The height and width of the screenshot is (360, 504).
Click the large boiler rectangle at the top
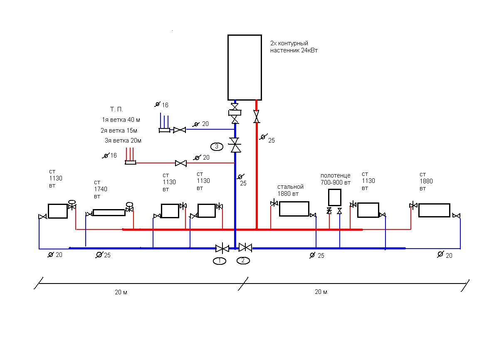(244, 67)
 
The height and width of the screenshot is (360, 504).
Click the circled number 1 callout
(220, 261)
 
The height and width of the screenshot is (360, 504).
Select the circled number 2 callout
(243, 261)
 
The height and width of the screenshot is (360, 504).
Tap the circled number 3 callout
(217, 146)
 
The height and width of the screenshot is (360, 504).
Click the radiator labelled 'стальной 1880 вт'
(294, 209)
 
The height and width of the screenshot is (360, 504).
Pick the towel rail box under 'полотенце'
(335, 197)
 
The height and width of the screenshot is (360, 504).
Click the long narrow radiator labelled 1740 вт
(109, 212)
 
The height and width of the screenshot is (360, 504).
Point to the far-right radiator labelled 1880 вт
(434, 210)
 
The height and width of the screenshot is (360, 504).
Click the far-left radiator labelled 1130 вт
(57, 211)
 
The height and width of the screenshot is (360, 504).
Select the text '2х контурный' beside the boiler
(289, 43)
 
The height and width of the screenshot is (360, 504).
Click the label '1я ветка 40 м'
(121, 120)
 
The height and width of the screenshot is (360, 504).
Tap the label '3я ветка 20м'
(123, 141)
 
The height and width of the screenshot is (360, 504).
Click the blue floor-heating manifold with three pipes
(164, 130)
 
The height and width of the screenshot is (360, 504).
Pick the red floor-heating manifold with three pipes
(131, 162)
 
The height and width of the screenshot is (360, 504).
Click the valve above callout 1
(222, 249)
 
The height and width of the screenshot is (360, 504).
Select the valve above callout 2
(246, 248)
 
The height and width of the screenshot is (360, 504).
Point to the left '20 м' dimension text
(121, 292)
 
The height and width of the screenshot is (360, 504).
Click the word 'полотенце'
(335, 175)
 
